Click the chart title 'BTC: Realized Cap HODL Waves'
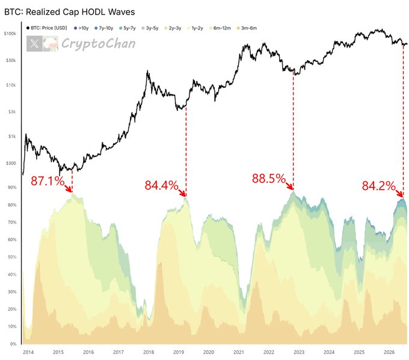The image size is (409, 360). [x=70, y=12]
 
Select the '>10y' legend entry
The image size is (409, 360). [x=81, y=28]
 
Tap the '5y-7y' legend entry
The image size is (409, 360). [x=127, y=28]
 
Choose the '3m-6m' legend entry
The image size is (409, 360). [x=247, y=28]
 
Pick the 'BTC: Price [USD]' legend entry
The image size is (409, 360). [x=47, y=28]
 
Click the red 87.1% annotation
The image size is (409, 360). [x=48, y=181]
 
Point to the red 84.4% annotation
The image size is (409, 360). [x=161, y=185]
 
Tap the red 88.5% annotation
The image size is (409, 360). [x=269, y=179]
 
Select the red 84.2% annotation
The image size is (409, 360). [x=379, y=186]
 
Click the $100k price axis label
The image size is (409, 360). [x=10, y=34]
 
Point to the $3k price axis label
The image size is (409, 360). [x=12, y=112]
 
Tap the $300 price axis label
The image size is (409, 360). [x=11, y=163]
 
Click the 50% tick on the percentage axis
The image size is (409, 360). [x=12, y=257]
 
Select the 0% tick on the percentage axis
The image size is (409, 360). [x=13, y=344]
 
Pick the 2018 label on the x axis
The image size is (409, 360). [x=149, y=352]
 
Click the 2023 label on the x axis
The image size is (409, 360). [x=299, y=352]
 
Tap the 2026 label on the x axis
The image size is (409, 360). [x=389, y=352]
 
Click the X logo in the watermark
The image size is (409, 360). [x=34, y=43]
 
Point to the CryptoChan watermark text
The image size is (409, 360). [x=98, y=43]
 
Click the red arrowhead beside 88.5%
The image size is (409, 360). [x=291, y=187]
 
